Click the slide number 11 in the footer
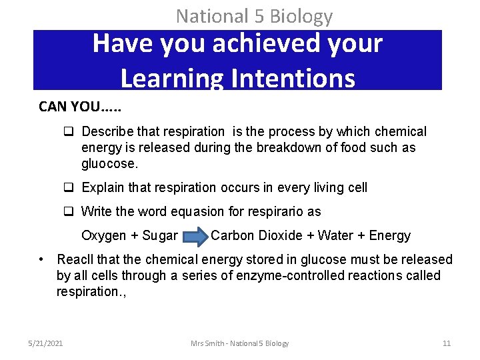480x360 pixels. click(447, 343)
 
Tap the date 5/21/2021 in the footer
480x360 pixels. click(46, 343)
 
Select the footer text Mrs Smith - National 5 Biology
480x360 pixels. click(239, 343)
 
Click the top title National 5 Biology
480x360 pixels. click(254, 15)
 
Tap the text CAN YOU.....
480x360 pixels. click(71, 107)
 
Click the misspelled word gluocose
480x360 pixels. click(109, 163)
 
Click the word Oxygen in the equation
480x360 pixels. click(103, 235)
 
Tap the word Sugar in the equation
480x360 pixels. click(160, 235)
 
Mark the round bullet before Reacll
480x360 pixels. click(41, 259)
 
